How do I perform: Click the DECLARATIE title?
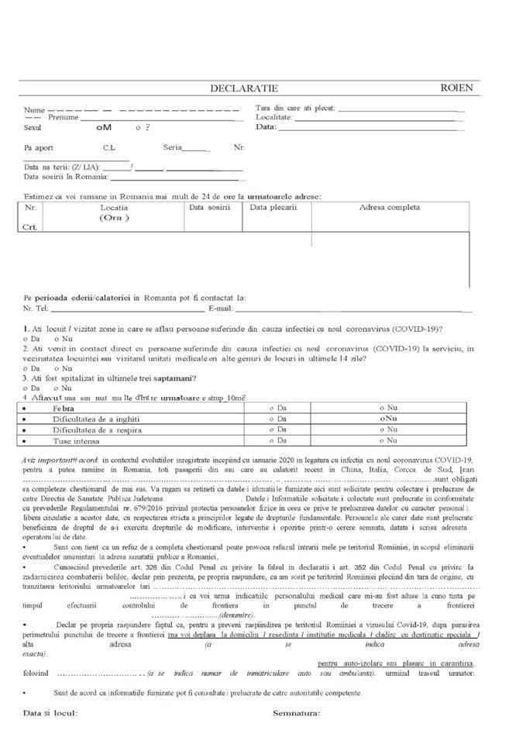(243, 89)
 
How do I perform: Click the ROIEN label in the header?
(456, 88)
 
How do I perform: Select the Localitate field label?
(273, 117)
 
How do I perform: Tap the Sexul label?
(33, 127)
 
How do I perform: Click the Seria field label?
(172, 147)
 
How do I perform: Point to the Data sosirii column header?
(210, 208)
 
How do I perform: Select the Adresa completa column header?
(389, 208)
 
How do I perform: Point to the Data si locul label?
(50, 713)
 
